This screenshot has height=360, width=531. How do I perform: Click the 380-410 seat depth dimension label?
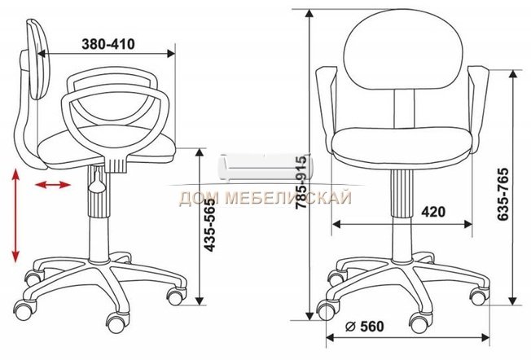click(108, 44)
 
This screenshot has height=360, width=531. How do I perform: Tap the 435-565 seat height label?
click(210, 226)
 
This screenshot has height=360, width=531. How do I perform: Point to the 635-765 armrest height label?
click(502, 194)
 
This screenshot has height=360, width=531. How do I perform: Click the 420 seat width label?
click(433, 212)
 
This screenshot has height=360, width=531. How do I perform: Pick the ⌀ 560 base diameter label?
click(365, 327)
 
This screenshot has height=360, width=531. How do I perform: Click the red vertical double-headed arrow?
click(15, 215)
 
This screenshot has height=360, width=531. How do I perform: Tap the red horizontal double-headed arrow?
click(53, 185)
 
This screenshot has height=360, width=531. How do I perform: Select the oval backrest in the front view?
click(403, 50)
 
